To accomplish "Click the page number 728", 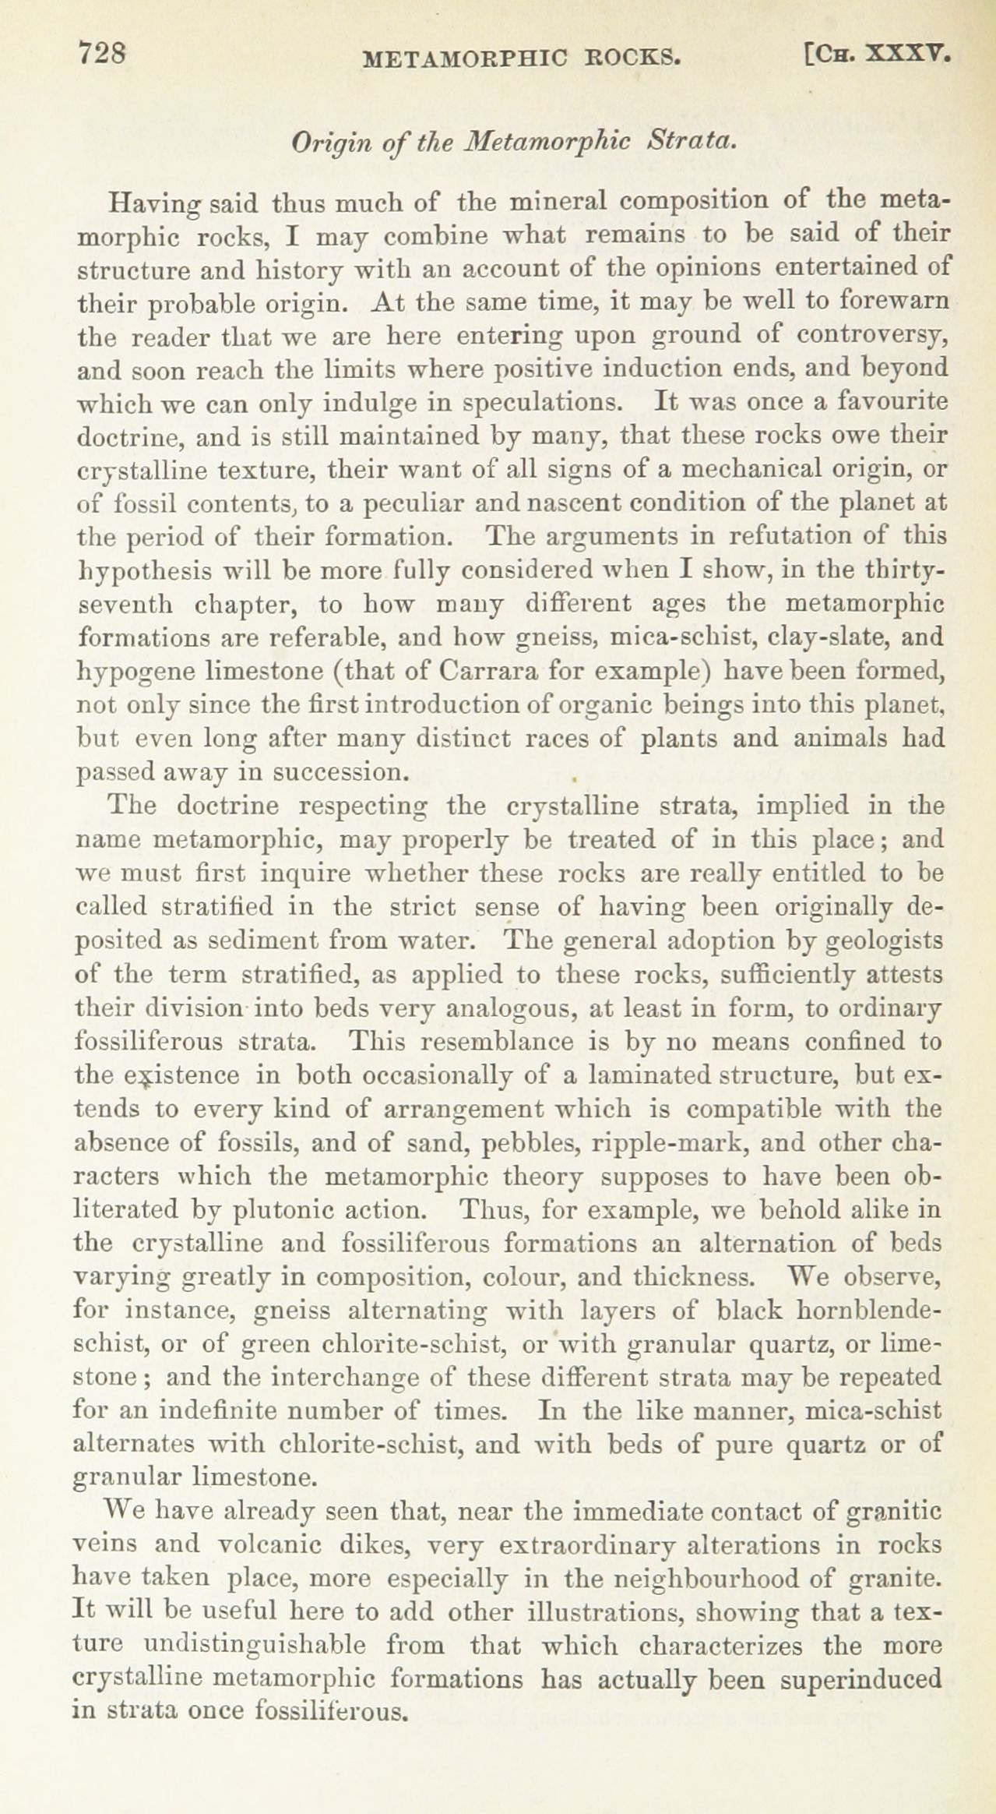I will pyautogui.click(x=102, y=55).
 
